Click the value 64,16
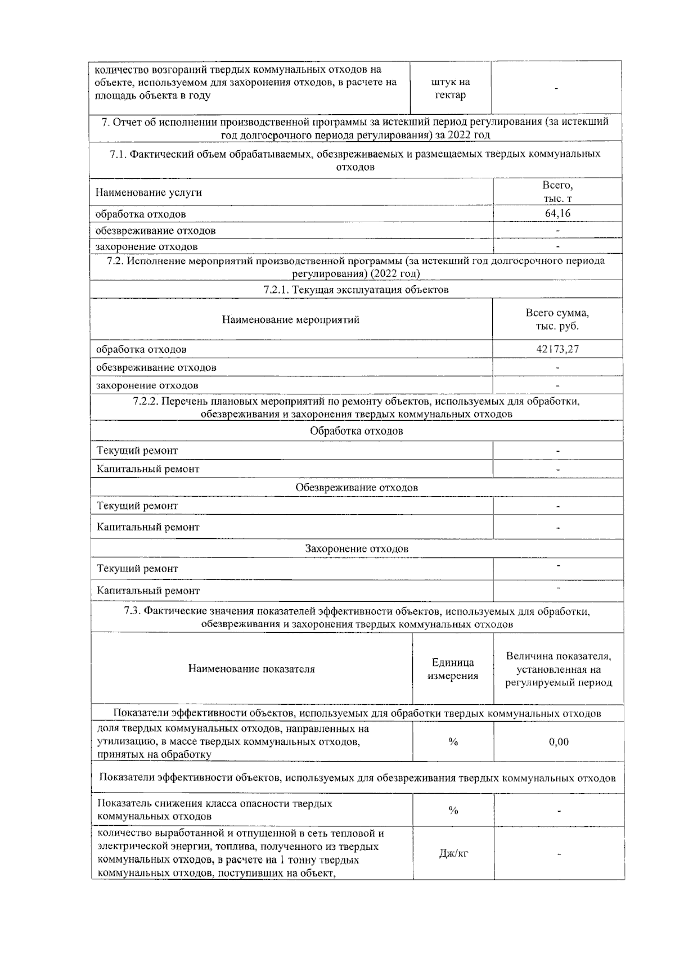click(557, 213)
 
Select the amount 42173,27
click(557, 349)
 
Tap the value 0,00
click(559, 742)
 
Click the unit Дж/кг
click(453, 853)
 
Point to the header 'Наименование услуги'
click(148, 192)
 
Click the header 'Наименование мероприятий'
click(290, 319)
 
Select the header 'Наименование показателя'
click(251, 669)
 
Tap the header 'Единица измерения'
click(453, 669)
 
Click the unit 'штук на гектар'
click(450, 88)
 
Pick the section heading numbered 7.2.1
click(356, 290)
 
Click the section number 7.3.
click(132, 611)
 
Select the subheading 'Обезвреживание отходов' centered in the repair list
click(357, 487)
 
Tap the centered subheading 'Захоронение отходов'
click(357, 548)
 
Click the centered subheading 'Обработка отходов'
click(357, 431)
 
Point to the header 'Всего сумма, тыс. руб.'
click(557, 319)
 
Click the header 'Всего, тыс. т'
click(557, 192)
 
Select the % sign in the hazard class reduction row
click(453, 811)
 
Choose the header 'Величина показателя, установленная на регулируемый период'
click(559, 669)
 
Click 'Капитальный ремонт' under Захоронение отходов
click(148, 591)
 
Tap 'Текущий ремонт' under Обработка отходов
click(137, 451)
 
